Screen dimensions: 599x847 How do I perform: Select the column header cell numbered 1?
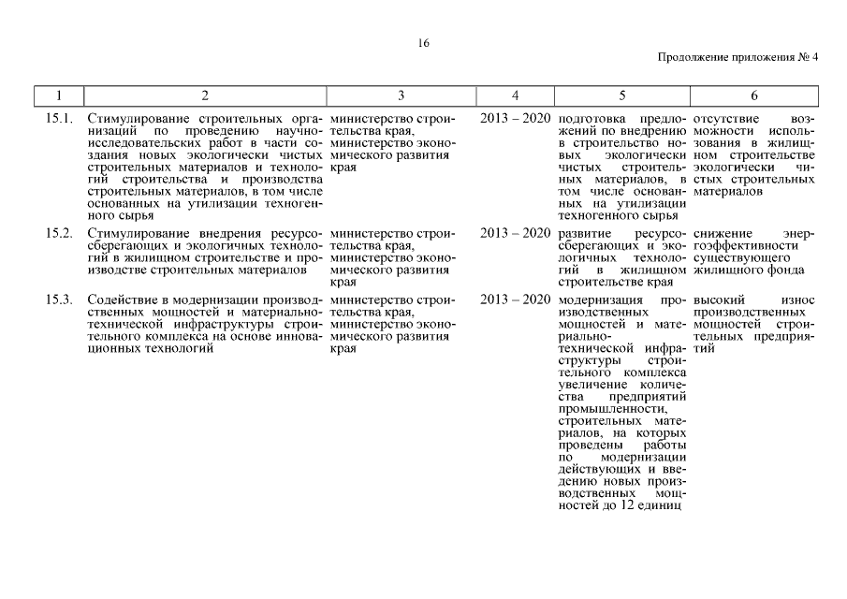coord(59,95)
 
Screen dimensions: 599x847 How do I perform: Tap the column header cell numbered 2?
coord(205,95)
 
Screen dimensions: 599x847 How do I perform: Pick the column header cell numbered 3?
coord(401,95)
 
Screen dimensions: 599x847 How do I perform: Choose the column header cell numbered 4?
coord(515,95)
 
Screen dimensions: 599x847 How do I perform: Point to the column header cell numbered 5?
coord(621,95)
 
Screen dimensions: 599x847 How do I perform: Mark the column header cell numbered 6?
coord(754,95)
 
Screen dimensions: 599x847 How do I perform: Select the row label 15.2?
coord(59,232)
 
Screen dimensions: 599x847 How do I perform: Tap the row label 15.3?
coord(59,299)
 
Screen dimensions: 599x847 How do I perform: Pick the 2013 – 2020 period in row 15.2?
coord(515,232)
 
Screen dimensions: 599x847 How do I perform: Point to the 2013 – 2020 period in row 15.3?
coord(515,299)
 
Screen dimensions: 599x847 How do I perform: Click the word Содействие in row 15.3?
coord(119,299)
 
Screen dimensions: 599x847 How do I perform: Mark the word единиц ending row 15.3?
coord(665,506)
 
